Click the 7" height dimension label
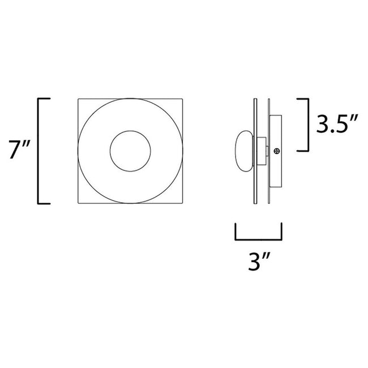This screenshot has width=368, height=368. (16, 151)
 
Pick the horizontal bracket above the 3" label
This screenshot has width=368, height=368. (258, 235)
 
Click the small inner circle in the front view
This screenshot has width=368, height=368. (130, 151)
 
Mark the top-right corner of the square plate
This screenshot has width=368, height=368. (183, 100)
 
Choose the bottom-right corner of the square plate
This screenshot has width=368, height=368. (183, 203)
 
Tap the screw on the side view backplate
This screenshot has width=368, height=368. (277, 151)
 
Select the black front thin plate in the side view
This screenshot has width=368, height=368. (256, 151)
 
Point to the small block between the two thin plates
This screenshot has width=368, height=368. (262, 147)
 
